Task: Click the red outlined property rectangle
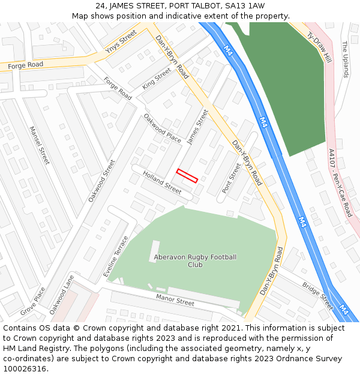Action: click(x=187, y=176)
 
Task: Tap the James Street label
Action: click(x=197, y=127)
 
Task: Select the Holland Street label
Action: click(x=162, y=182)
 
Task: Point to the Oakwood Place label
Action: click(x=162, y=128)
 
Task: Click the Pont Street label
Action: click(x=232, y=178)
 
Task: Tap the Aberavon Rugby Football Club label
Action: click(x=196, y=261)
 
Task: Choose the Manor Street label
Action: click(x=175, y=299)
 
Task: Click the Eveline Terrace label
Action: click(x=116, y=256)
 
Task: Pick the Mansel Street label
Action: click(x=40, y=145)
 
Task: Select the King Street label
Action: click(x=157, y=78)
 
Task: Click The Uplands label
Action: click(x=344, y=59)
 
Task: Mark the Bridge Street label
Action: click(x=317, y=296)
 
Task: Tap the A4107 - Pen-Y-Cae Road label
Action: click(x=340, y=183)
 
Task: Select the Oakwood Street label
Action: click(x=101, y=180)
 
